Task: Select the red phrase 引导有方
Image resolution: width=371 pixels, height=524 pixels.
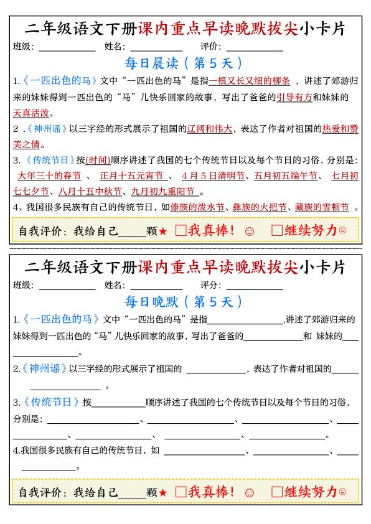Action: point(294,97)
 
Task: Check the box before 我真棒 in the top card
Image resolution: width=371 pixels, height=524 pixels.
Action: point(181,230)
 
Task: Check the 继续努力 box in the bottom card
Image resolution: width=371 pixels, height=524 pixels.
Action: point(277,492)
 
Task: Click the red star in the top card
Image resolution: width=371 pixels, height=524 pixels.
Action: point(162,232)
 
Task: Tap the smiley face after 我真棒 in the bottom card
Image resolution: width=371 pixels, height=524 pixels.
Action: point(250,492)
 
